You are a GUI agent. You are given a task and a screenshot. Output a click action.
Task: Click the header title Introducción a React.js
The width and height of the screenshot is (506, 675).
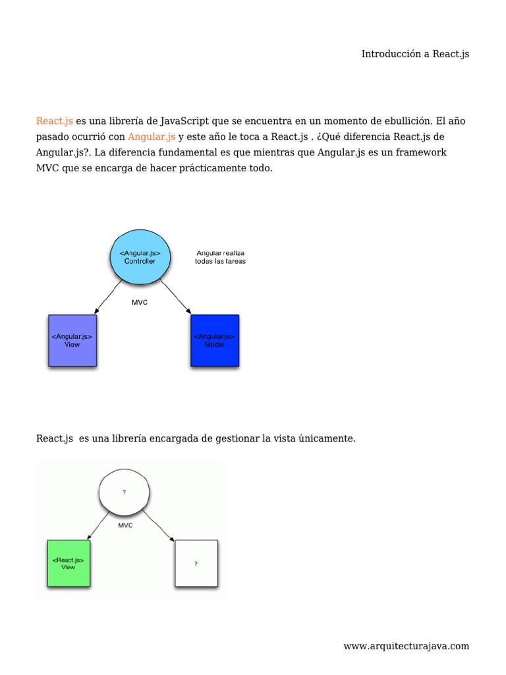[415, 54]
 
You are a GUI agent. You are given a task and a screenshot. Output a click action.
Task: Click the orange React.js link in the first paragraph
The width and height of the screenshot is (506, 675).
[55, 121]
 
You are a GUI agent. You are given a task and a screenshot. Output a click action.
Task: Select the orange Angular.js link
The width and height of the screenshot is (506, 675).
[152, 137]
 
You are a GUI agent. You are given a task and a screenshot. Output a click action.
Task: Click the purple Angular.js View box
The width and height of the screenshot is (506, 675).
[72, 340]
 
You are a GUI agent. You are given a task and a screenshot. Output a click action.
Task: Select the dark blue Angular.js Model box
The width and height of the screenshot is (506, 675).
[214, 340]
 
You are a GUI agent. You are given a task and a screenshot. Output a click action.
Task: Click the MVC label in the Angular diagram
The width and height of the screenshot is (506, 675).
[140, 303]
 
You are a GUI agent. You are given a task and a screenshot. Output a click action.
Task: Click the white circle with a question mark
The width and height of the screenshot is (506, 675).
[124, 492]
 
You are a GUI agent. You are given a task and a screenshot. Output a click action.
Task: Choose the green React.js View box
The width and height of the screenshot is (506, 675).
[69, 564]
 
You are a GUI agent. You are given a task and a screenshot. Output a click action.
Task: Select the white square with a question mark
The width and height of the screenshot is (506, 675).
[196, 564]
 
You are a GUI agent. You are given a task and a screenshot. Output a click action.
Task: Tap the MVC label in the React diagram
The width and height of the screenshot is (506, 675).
[125, 525]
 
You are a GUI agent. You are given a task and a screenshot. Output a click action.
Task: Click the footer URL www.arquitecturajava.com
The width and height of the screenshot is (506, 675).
[407, 646]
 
